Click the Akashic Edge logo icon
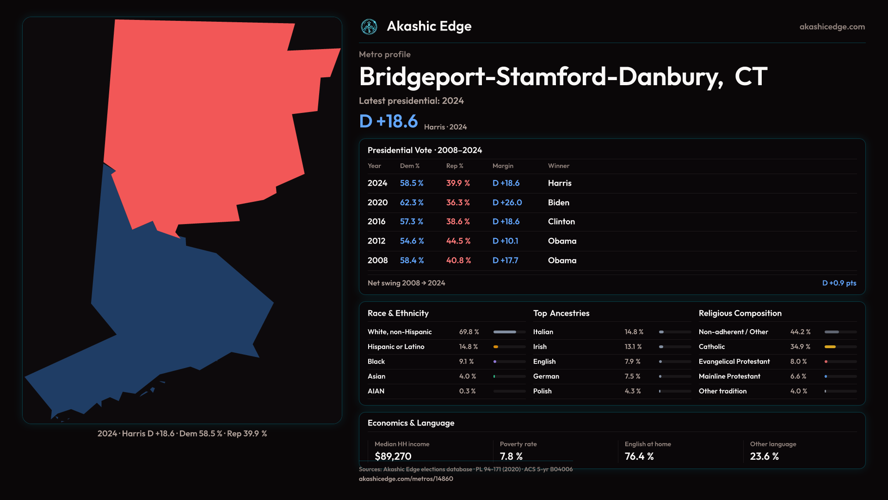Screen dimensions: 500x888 [369, 27]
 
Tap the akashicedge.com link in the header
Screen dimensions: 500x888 [832, 27]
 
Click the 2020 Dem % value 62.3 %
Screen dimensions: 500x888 [412, 203]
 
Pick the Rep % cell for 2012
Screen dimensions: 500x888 [458, 241]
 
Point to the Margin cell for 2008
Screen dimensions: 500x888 [505, 261]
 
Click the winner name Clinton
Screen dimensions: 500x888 [561, 222]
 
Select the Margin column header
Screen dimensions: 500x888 [503, 166]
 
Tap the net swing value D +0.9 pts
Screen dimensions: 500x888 [839, 283]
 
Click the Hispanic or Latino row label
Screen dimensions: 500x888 [396, 347]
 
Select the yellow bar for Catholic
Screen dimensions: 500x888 [830, 347]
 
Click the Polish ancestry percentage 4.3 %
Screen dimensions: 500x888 [633, 391]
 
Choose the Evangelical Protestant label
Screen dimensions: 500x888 [734, 362]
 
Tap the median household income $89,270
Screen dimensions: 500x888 [393, 456]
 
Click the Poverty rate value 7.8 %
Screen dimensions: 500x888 [511, 456]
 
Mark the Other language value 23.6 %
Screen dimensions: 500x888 [764, 456]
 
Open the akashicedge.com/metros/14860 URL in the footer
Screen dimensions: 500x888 [406, 479]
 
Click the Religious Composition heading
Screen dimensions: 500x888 [740, 313]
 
